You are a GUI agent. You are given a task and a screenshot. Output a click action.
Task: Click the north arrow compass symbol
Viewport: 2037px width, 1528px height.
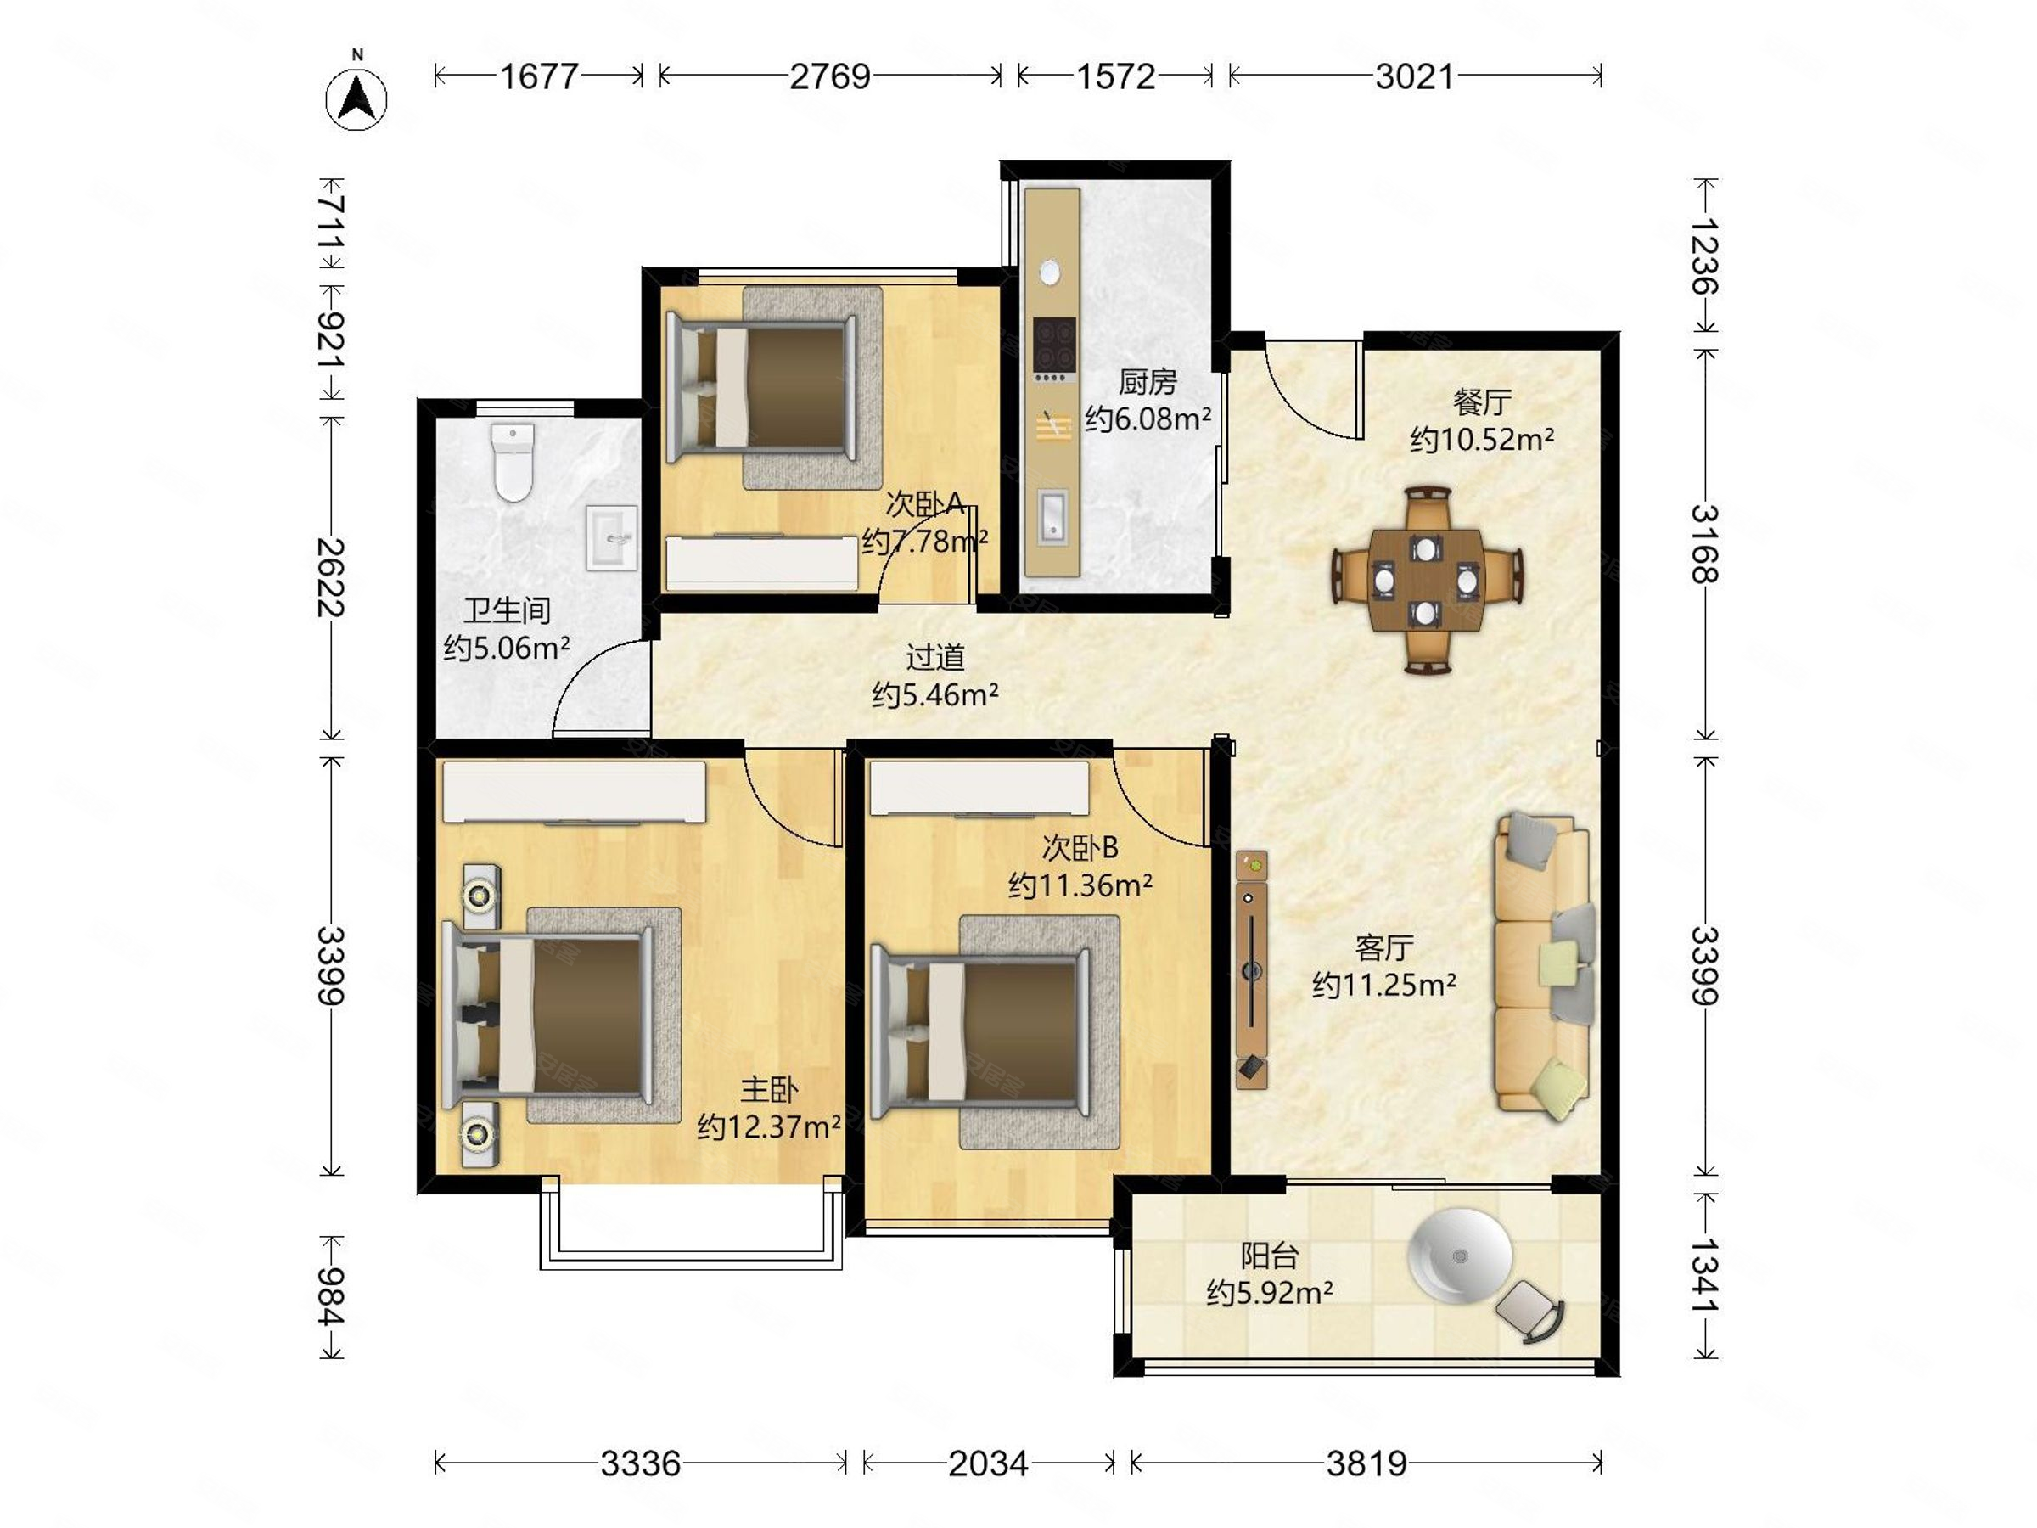[x=356, y=98]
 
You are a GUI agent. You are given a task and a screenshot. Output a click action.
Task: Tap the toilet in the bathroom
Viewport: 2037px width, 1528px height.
[x=513, y=462]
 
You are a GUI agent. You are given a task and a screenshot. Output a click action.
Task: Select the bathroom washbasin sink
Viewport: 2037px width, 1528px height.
[x=611, y=538]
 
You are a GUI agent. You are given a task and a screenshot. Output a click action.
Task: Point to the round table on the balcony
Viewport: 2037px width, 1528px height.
[x=1460, y=1256]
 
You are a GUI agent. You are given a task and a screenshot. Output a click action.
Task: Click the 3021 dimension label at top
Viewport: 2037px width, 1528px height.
[x=1415, y=76]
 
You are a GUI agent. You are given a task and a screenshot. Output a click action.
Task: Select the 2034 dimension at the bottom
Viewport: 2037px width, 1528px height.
[x=988, y=1463]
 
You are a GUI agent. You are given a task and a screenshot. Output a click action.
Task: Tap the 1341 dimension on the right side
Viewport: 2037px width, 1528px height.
[x=1705, y=1276]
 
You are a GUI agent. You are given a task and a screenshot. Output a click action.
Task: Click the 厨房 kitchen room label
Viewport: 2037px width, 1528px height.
[x=1148, y=380]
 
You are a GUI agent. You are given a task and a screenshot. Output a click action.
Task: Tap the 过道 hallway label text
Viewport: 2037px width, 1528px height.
[x=934, y=657]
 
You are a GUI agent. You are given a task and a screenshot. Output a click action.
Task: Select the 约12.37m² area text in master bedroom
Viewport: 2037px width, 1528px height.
[x=769, y=1126]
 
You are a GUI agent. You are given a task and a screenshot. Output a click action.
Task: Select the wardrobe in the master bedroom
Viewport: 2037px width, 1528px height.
[x=575, y=791]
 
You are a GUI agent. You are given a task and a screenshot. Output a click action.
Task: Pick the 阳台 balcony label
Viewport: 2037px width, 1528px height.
[x=1270, y=1256]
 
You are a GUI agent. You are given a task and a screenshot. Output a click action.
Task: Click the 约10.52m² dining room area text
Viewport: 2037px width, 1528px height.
[x=1482, y=440]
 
